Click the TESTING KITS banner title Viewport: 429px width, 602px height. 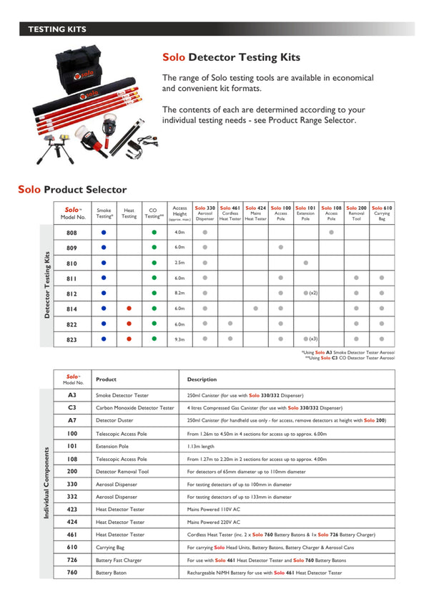pyautogui.click(x=57, y=29)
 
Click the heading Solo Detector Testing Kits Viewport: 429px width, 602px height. pyautogui.click(x=231, y=57)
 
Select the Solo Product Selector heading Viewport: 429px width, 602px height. pyautogui.click(x=72, y=190)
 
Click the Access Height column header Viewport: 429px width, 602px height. pyautogui.click(x=179, y=213)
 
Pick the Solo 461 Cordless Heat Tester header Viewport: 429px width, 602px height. pyautogui.click(x=230, y=213)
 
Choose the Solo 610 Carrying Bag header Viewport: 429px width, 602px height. pyautogui.click(x=382, y=213)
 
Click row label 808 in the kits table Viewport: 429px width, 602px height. pyautogui.click(x=72, y=233)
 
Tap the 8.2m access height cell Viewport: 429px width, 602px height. pyautogui.click(x=179, y=293)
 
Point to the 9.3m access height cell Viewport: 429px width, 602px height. pyautogui.click(x=179, y=339)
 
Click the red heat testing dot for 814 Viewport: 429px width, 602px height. pyautogui.click(x=129, y=309)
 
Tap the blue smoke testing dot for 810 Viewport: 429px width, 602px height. pyautogui.click(x=104, y=263)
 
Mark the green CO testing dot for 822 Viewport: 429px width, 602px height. pyautogui.click(x=154, y=324)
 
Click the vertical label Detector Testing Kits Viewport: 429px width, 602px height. pyautogui.click(x=47, y=285)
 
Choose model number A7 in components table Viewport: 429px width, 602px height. pyautogui.click(x=72, y=421)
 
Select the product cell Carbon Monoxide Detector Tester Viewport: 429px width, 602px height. pyautogui.click(x=135, y=407)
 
